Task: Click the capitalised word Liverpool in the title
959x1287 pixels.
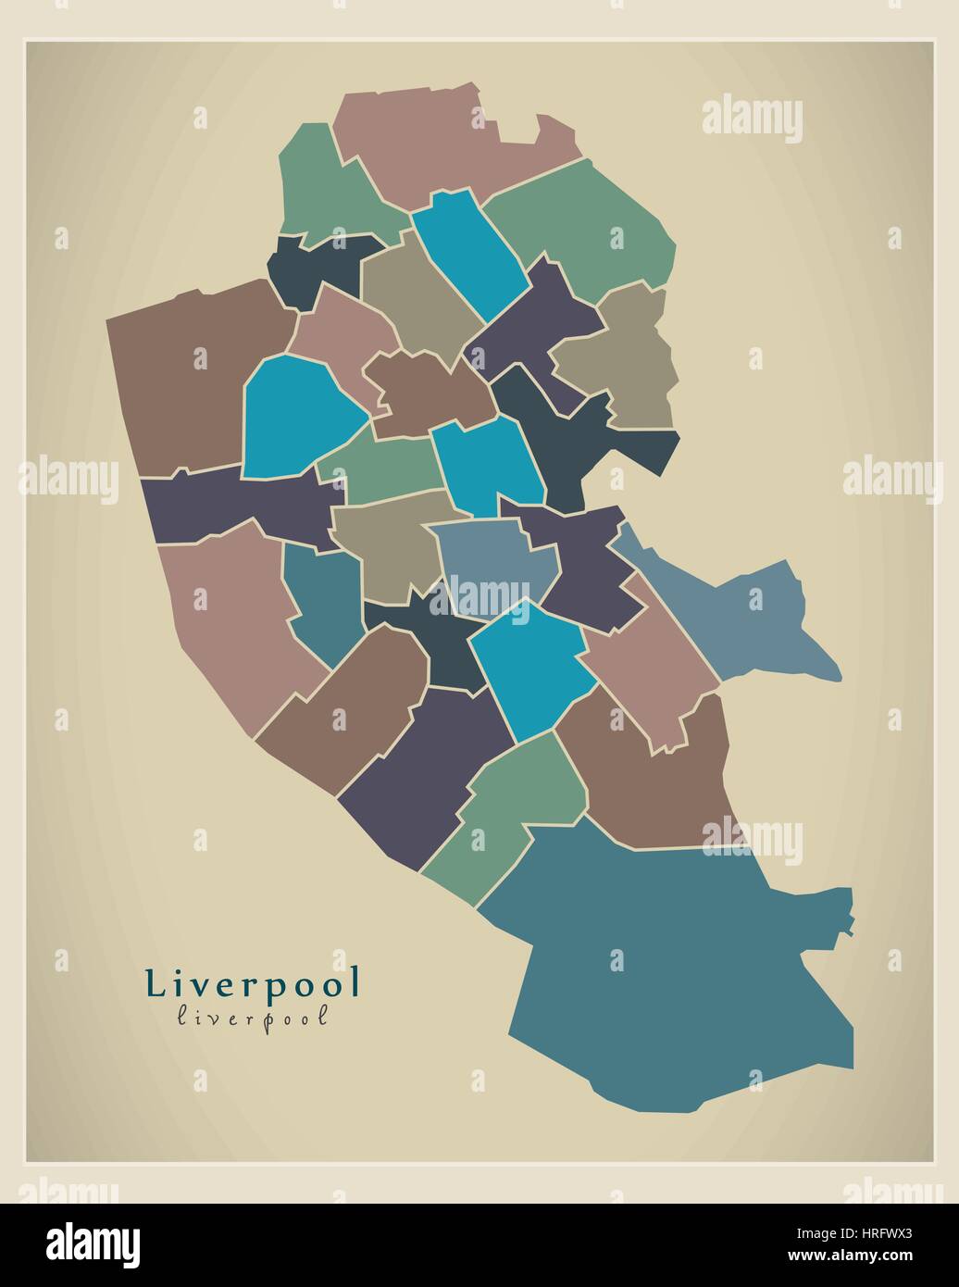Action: pyautogui.click(x=252, y=983)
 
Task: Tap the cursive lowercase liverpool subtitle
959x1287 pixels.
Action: pyautogui.click(x=252, y=1016)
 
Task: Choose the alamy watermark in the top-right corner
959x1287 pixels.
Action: pyautogui.click(x=752, y=119)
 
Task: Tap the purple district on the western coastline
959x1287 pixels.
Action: pyautogui.click(x=231, y=505)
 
